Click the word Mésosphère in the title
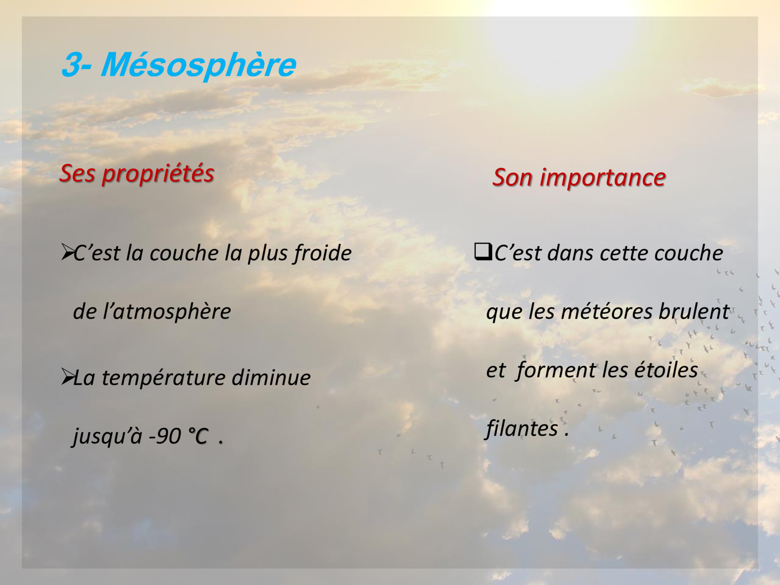[x=198, y=65]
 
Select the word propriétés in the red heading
[x=158, y=174]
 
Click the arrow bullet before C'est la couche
[x=67, y=252]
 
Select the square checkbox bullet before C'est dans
[x=483, y=252]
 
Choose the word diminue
[x=271, y=378]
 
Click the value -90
[x=165, y=436]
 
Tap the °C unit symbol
[x=198, y=436]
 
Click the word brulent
[x=694, y=311]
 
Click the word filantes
[x=522, y=429]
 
